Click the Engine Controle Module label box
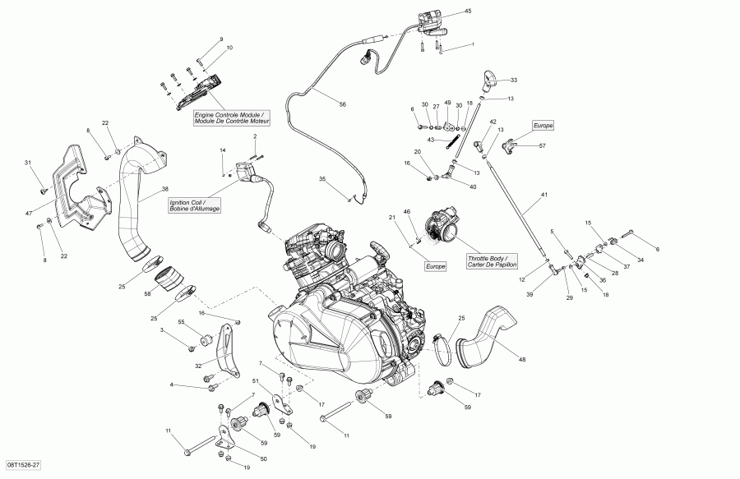pyautogui.click(x=226, y=117)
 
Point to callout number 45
pyautogui.click(x=468, y=12)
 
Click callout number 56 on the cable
pyautogui.click(x=343, y=104)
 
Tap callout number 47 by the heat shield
pyautogui.click(x=29, y=213)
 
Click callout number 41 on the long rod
pyautogui.click(x=543, y=195)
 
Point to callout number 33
pyautogui.click(x=514, y=81)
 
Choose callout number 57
pyautogui.click(x=542, y=146)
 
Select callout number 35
pyautogui.click(x=323, y=179)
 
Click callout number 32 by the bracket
pyautogui.click(x=197, y=366)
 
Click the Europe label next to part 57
pyautogui.click(x=543, y=126)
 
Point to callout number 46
pyautogui.click(x=405, y=213)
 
